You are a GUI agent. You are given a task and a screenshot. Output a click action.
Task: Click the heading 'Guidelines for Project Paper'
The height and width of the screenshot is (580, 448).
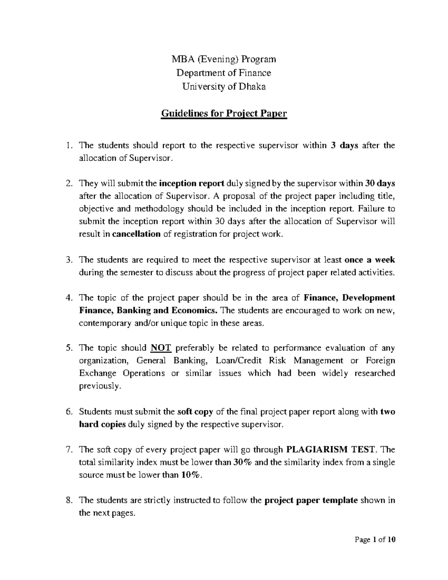point(224,113)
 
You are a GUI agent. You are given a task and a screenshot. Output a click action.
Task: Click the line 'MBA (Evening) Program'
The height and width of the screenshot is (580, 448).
point(224,59)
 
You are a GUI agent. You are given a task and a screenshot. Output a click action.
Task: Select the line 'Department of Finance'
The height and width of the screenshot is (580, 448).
point(224,73)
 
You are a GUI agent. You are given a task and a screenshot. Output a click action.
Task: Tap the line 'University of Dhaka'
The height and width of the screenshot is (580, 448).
point(224,87)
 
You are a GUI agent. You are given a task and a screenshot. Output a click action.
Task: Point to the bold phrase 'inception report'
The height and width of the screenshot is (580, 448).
point(192,183)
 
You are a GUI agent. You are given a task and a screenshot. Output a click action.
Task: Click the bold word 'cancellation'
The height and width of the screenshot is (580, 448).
point(136,234)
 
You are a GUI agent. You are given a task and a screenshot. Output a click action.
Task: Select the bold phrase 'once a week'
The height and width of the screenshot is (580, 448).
point(370,260)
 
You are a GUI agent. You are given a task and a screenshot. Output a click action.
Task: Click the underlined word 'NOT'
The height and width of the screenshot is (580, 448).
point(161,348)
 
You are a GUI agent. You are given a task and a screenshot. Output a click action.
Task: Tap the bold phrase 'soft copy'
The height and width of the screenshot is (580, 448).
point(195,412)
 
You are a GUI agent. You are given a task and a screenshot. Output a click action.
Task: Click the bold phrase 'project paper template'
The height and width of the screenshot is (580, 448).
point(311,500)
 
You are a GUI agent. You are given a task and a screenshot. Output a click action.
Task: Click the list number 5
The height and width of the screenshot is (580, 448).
point(68,348)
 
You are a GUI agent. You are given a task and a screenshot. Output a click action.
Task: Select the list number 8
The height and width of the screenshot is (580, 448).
point(68,500)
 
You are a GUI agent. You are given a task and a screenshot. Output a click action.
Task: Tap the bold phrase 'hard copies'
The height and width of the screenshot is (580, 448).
point(102,424)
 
